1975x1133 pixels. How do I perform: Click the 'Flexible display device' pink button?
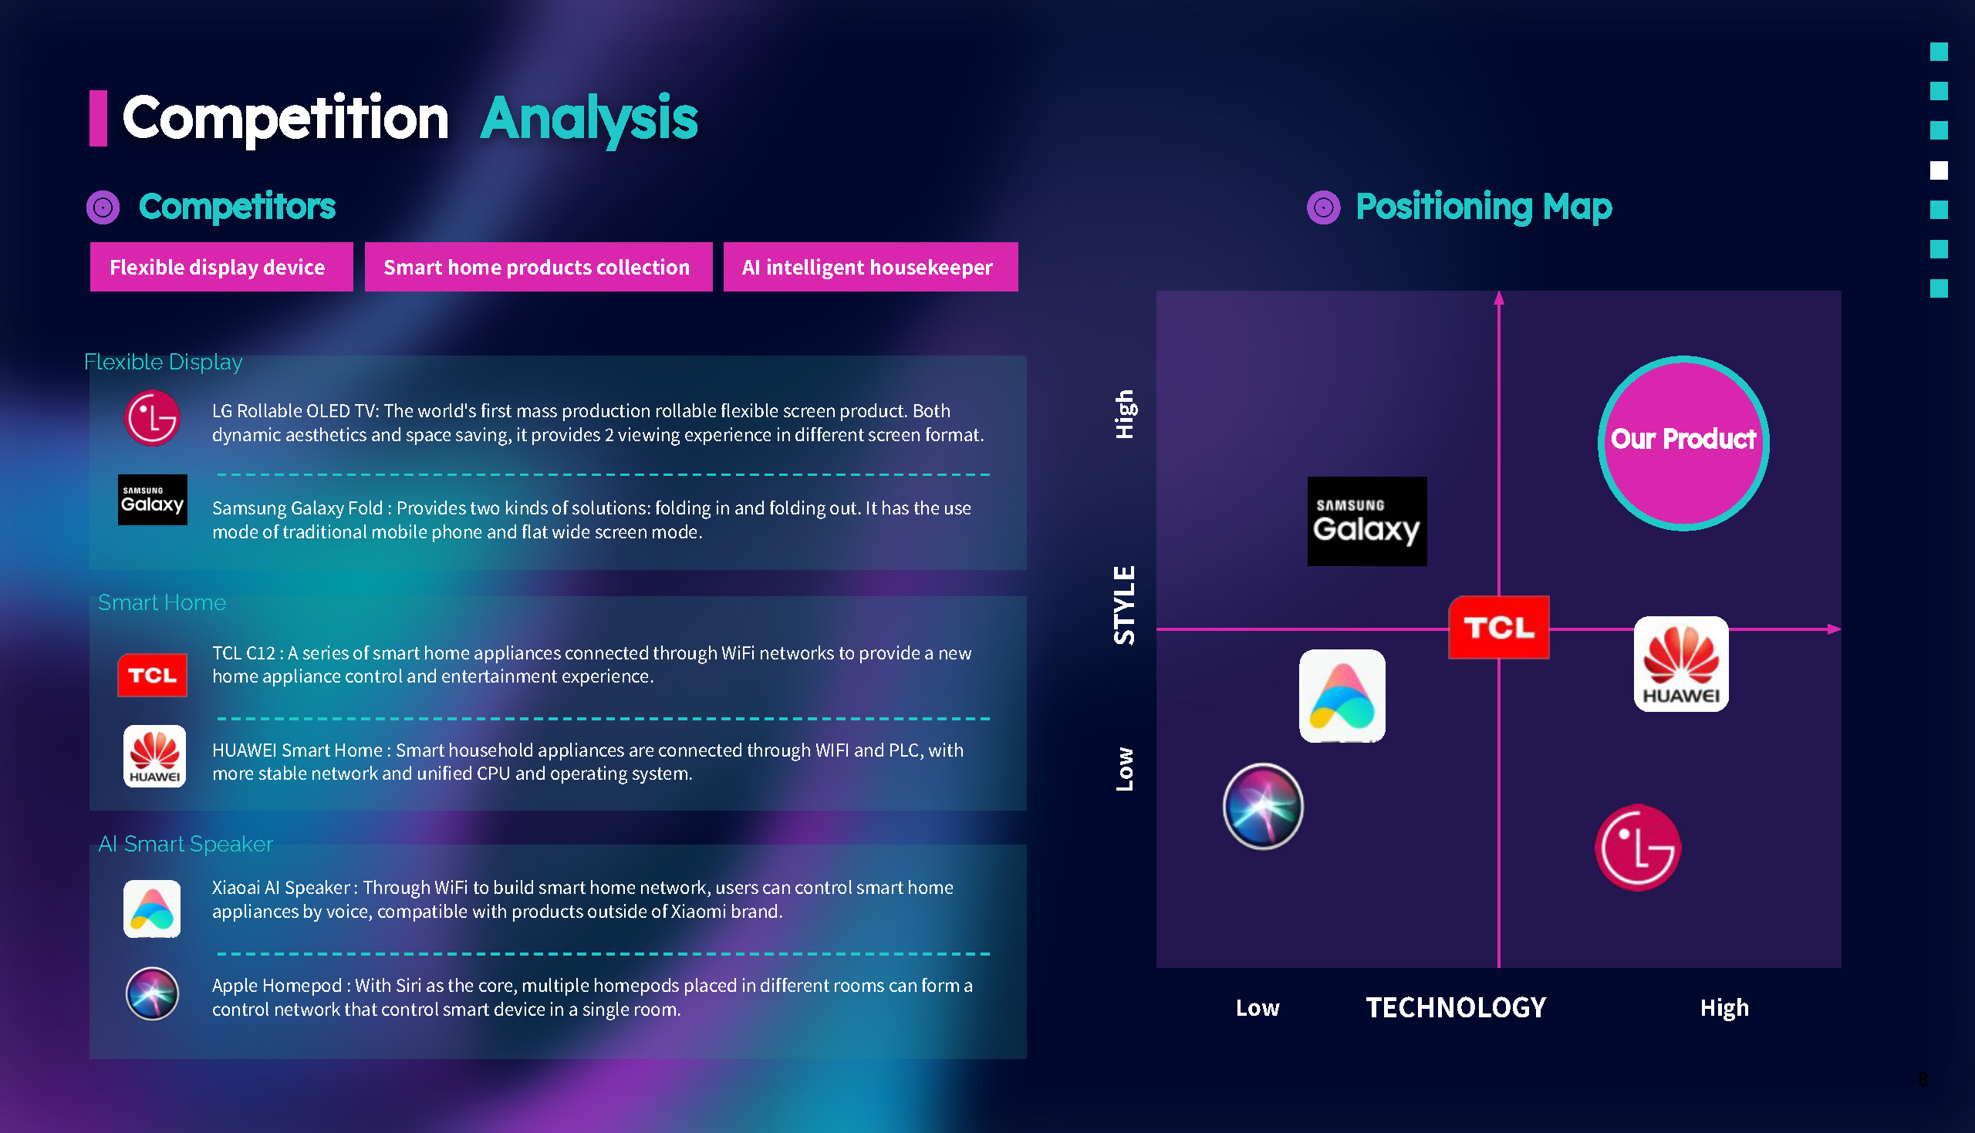point(221,267)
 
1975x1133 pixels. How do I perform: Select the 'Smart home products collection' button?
point(538,267)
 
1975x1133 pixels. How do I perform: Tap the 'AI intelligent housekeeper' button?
point(870,267)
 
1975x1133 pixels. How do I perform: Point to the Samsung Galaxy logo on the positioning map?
point(1366,521)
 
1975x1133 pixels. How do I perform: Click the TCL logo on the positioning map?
point(1498,627)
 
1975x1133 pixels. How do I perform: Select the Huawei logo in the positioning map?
point(1681,664)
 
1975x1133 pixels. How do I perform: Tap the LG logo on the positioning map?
point(1637,847)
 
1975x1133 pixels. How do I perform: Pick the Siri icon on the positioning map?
point(1262,805)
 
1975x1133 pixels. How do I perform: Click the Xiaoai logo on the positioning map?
point(1342,696)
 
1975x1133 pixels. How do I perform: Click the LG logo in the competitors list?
point(153,419)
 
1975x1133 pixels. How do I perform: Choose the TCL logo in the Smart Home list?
point(153,675)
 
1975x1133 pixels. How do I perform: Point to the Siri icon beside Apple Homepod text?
point(153,993)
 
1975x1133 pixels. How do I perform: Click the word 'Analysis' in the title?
point(589,119)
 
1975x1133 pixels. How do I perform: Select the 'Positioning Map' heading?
point(1484,207)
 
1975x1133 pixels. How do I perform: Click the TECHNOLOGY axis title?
point(1456,1008)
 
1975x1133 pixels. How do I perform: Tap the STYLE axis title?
point(1125,605)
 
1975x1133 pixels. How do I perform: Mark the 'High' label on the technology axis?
point(1723,1009)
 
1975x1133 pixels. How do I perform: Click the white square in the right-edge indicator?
point(1939,170)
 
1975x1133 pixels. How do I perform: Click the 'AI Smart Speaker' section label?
point(185,844)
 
